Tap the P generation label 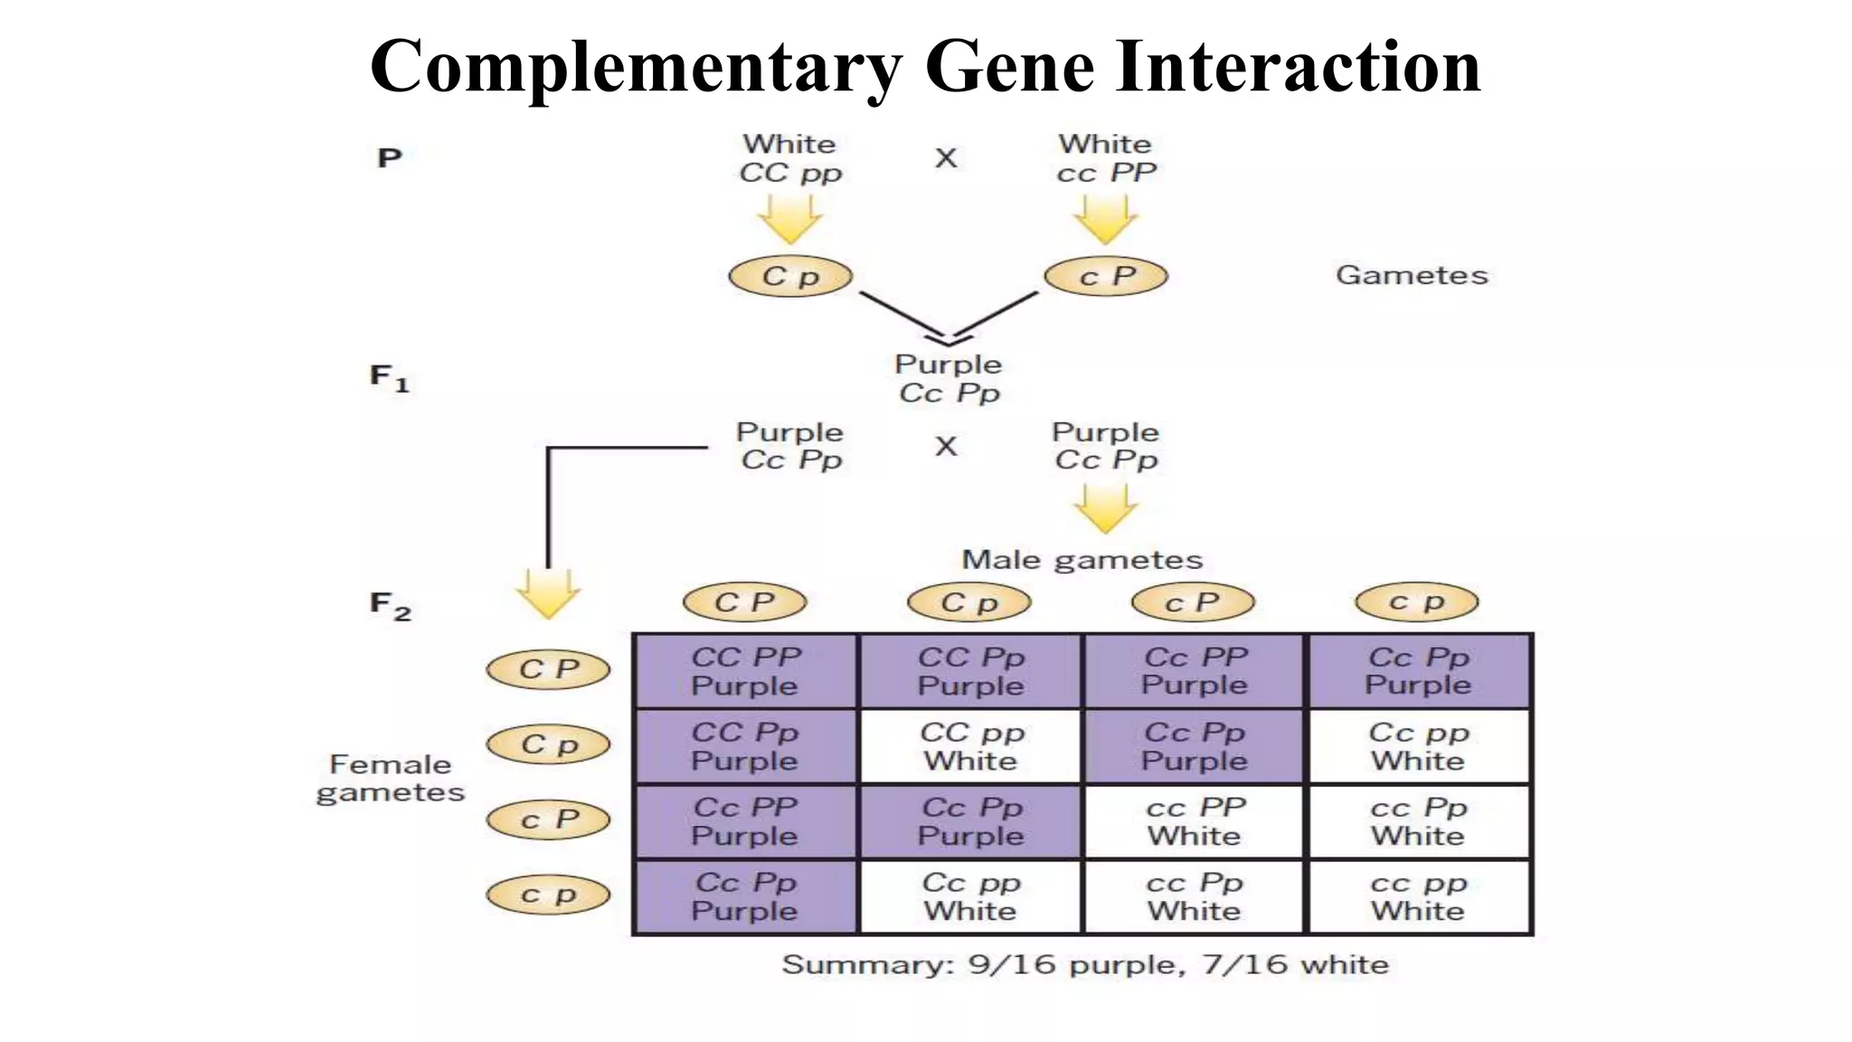tap(389, 158)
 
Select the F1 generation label tap(389, 377)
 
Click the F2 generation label tap(390, 605)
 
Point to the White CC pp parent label tap(789, 158)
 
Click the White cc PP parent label tap(1106, 158)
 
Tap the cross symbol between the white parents tap(946, 158)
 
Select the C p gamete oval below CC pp tap(790, 276)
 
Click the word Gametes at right tap(1412, 275)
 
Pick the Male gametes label tap(1082, 560)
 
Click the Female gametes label tap(390, 778)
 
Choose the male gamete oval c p tap(1416, 602)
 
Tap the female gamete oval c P tap(548, 819)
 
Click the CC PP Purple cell tap(745, 671)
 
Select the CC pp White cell tap(970, 746)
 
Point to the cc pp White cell tap(1418, 896)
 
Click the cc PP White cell tap(1195, 821)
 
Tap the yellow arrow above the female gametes tap(548, 593)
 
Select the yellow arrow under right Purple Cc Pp tap(1105, 508)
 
